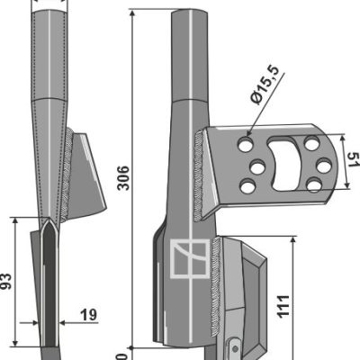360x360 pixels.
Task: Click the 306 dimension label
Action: pyautogui.click(x=123, y=177)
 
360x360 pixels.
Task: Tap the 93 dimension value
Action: pyautogui.click(x=6, y=281)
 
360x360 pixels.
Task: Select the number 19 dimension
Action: pyautogui.click(x=88, y=315)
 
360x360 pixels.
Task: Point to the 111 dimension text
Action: pyautogui.click(x=283, y=306)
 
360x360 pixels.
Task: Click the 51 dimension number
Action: pyautogui.click(x=354, y=159)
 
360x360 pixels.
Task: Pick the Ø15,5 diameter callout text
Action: pyautogui.click(x=265, y=85)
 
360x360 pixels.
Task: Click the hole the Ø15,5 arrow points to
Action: pyautogui.click(x=246, y=145)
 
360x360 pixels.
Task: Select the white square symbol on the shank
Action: pyautogui.click(x=190, y=258)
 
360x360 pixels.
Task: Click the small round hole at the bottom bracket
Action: pyautogui.click(x=236, y=348)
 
